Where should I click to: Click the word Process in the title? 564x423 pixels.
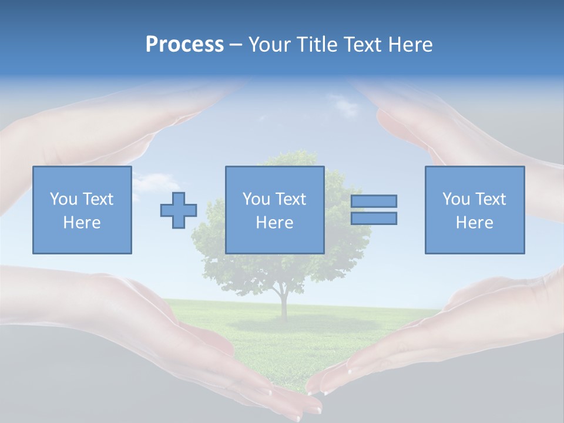[x=184, y=45]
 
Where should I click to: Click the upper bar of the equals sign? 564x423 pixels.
[x=374, y=201]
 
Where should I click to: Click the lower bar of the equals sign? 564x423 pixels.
[x=374, y=218]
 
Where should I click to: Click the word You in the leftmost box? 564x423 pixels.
[x=63, y=199]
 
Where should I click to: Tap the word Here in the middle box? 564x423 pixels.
[x=275, y=223]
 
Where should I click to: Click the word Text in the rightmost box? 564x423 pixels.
[x=491, y=199]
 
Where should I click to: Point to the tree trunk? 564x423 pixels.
[x=284, y=303]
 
